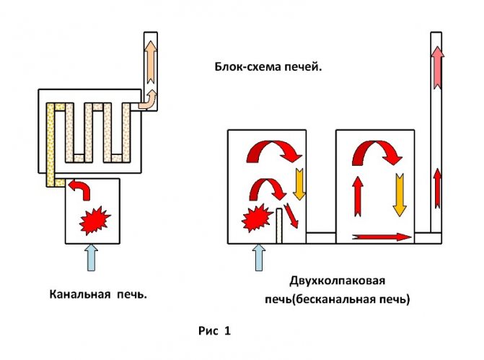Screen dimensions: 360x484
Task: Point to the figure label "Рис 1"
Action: pyautogui.click(x=214, y=331)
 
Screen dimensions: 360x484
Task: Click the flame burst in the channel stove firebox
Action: pyautogui.click(x=92, y=219)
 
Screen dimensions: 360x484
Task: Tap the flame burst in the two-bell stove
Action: pyautogui.click(x=256, y=217)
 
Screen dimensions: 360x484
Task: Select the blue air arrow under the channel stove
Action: pyautogui.click(x=91, y=257)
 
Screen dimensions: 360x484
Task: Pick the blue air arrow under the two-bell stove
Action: pyautogui.click(x=258, y=257)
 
